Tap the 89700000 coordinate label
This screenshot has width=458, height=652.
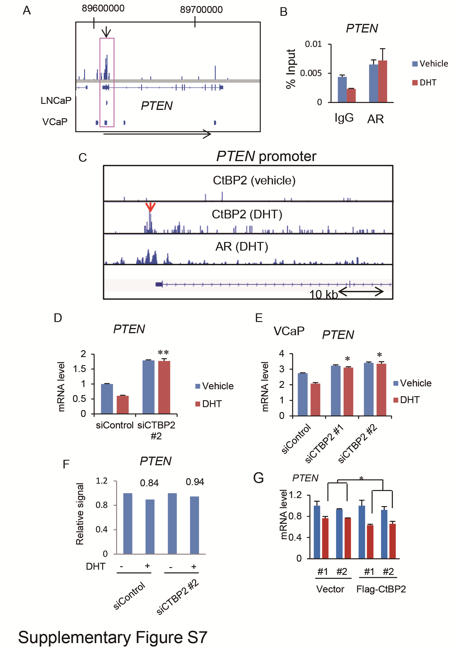click(201, 10)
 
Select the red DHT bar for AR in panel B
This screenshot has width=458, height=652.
click(383, 81)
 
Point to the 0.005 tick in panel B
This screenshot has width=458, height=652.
click(311, 73)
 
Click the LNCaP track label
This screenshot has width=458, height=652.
click(56, 100)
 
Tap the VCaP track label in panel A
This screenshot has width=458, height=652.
click(55, 122)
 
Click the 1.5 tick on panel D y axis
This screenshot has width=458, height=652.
click(80, 369)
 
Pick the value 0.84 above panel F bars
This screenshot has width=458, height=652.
click(149, 483)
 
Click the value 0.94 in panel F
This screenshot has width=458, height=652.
click(195, 482)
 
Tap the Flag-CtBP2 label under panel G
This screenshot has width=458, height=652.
click(381, 589)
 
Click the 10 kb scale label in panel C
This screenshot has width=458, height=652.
click(323, 294)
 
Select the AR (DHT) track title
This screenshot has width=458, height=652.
click(242, 247)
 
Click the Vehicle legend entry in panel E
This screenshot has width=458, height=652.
click(412, 383)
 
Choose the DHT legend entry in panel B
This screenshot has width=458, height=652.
click(424, 83)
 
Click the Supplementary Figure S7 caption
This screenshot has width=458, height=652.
click(113, 637)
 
